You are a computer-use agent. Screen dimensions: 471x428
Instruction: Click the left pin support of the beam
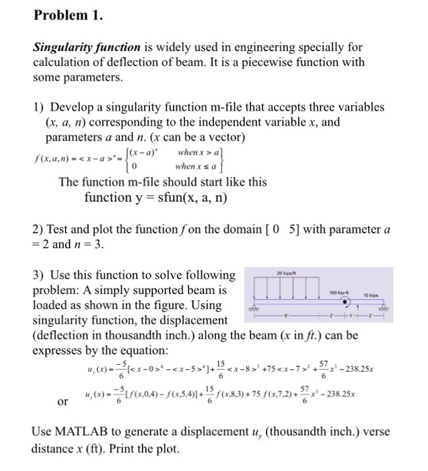tap(254, 309)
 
